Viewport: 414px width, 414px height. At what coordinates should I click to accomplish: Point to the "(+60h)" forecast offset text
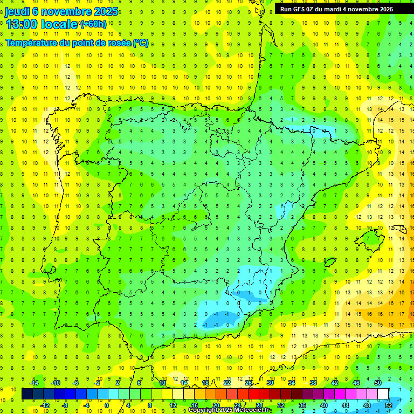coord(93,24)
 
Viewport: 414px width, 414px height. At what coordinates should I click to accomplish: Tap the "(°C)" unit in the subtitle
coord(140,43)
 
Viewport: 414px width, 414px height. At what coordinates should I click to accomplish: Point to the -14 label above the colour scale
coord(34,383)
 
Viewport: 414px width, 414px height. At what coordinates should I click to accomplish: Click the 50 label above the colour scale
coord(377,383)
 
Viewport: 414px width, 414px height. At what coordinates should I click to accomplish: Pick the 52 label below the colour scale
coord(389,405)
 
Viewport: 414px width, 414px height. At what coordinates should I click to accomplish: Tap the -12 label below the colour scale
coord(45,405)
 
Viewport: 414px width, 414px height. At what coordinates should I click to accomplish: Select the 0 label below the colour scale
coord(108,405)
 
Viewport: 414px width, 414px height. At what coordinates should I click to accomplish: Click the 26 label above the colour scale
coord(249,383)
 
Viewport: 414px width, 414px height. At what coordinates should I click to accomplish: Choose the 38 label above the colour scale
coord(313,383)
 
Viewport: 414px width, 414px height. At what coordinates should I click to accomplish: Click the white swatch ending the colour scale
coord(383,394)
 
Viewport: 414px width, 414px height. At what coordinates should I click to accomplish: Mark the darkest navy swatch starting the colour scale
coord(27,394)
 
